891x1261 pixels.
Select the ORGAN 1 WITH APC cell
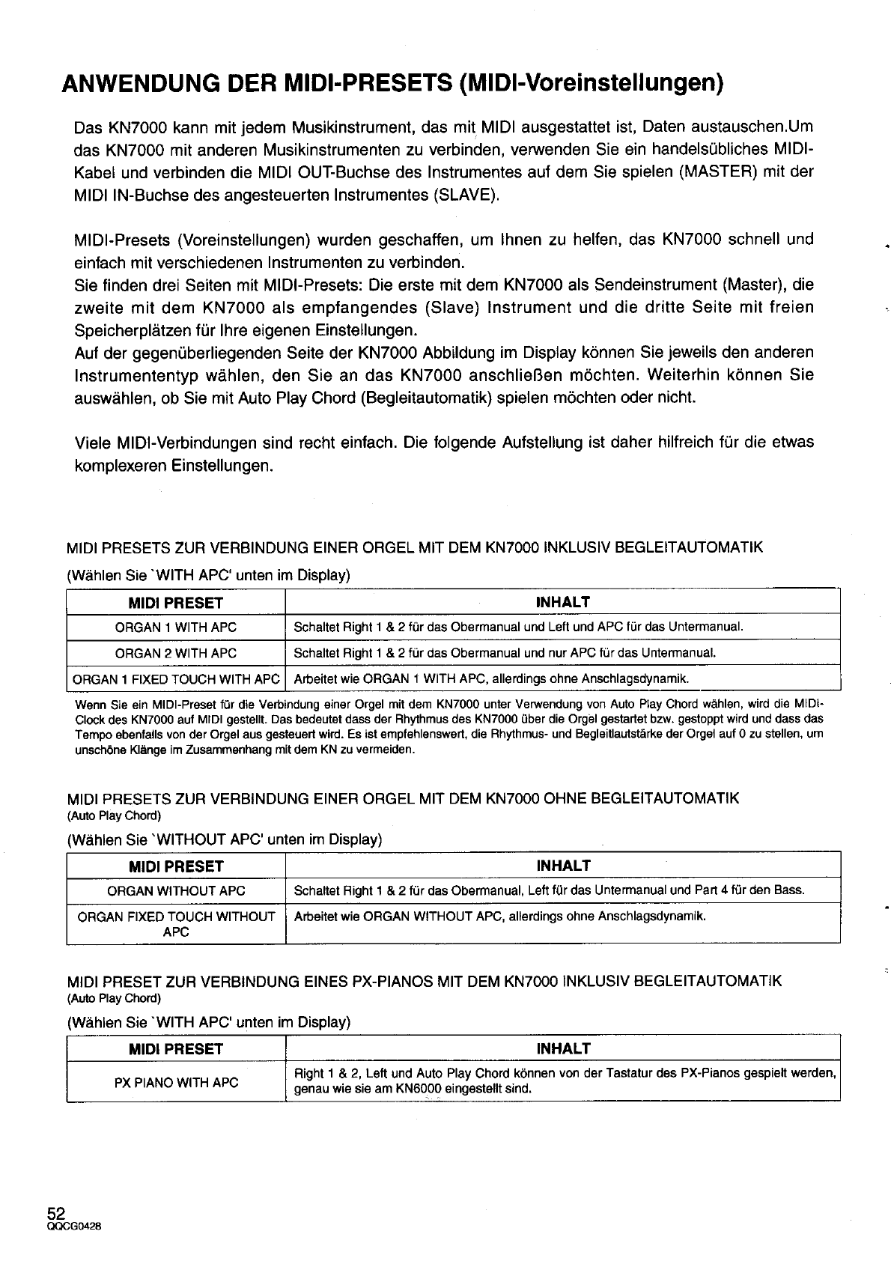click(x=176, y=627)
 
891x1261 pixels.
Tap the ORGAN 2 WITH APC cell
click(x=176, y=653)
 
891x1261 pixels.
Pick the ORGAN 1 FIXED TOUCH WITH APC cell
click(x=176, y=679)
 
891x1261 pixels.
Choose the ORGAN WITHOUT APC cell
click(x=176, y=890)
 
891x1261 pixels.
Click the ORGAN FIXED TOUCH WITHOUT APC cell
click(x=176, y=924)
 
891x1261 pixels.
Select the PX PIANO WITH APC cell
click(x=176, y=1082)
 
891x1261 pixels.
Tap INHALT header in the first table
click(x=563, y=602)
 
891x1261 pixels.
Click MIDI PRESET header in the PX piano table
click(x=176, y=1049)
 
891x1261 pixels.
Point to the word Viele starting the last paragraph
click(x=94, y=443)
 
